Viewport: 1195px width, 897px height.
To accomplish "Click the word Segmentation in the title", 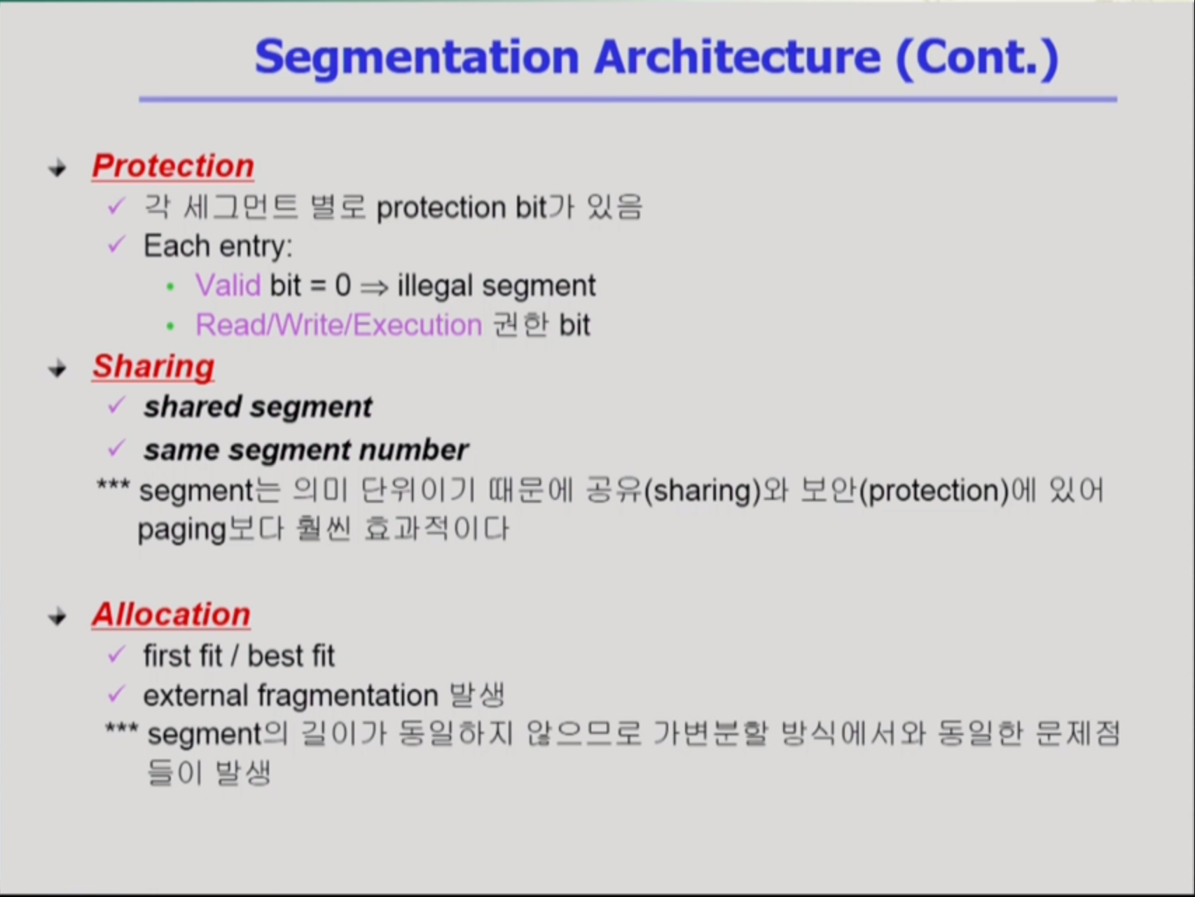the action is coord(417,57).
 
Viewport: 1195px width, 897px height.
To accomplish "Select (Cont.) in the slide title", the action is coord(977,57).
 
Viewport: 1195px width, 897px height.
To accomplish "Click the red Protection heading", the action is coord(173,166).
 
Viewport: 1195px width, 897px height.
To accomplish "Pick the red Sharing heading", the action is coord(153,367).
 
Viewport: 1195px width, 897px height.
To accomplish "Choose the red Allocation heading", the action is coord(171,614).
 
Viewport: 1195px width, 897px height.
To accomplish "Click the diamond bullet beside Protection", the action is coord(57,168).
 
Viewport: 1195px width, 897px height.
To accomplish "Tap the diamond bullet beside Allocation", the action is coord(57,617).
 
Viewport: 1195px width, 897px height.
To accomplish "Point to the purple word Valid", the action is coord(228,285).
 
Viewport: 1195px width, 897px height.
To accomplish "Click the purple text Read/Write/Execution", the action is coord(339,325).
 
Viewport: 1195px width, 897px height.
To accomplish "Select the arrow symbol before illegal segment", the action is coord(374,287).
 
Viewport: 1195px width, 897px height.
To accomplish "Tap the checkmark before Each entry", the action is coord(116,244).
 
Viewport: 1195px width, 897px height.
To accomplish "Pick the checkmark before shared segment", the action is coord(116,405).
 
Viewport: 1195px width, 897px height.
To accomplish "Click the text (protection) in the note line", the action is coord(934,491).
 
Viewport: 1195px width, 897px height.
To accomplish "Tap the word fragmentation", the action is coord(348,696).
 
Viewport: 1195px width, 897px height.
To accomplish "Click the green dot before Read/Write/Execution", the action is coord(170,326).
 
